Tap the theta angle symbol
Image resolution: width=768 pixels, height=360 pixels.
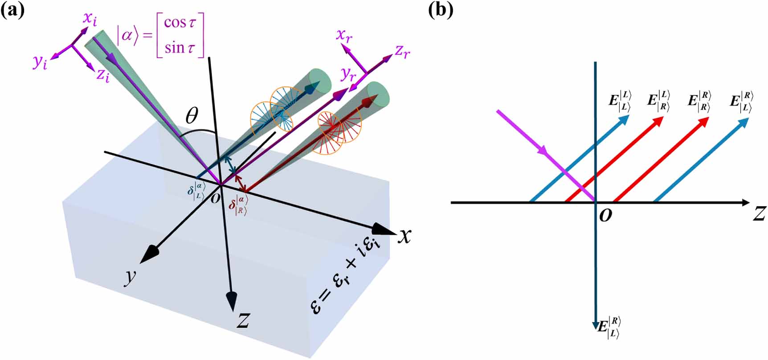pos(192,117)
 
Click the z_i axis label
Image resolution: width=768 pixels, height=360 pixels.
pos(103,75)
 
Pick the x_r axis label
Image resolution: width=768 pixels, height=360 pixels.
pos(344,36)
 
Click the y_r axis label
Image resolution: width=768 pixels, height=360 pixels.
pos(348,75)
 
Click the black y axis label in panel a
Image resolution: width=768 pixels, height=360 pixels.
pos(130,277)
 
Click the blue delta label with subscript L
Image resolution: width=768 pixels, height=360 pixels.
pos(196,191)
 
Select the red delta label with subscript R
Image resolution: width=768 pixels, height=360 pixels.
pos(237,205)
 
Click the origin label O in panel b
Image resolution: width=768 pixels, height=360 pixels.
pos(605,216)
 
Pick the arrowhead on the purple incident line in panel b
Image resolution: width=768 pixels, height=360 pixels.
pos(542,151)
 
